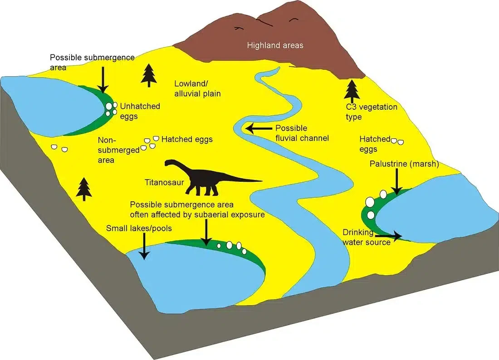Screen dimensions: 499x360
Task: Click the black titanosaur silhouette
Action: pyautogui.click(x=204, y=181)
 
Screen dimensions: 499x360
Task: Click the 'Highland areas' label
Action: pyautogui.click(x=275, y=45)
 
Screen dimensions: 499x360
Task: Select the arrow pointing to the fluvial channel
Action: pyautogui.click(x=259, y=128)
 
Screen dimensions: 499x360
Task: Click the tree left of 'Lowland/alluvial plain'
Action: pyautogui.click(x=149, y=75)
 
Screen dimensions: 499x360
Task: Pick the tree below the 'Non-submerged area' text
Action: pyautogui.click(x=84, y=189)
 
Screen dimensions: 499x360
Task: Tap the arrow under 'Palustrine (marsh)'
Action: pyautogui.click(x=396, y=181)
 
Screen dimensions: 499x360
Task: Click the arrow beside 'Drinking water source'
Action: pyautogui.click(x=389, y=236)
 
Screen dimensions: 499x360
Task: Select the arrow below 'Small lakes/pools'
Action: pyautogui.click(x=144, y=246)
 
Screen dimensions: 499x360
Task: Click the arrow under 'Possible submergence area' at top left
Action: pyautogui.click(x=103, y=79)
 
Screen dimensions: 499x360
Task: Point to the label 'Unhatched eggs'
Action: pyautogui.click(x=140, y=111)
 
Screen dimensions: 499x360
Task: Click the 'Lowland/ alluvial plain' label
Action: pyautogui.click(x=197, y=89)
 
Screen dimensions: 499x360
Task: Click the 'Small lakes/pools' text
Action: pyautogui.click(x=139, y=229)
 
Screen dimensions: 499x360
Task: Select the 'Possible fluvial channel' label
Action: pyautogui.click(x=302, y=133)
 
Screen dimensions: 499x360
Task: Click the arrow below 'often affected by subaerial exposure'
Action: pyautogui.click(x=206, y=233)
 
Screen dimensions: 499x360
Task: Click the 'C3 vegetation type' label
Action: pyautogui.click(x=372, y=112)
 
